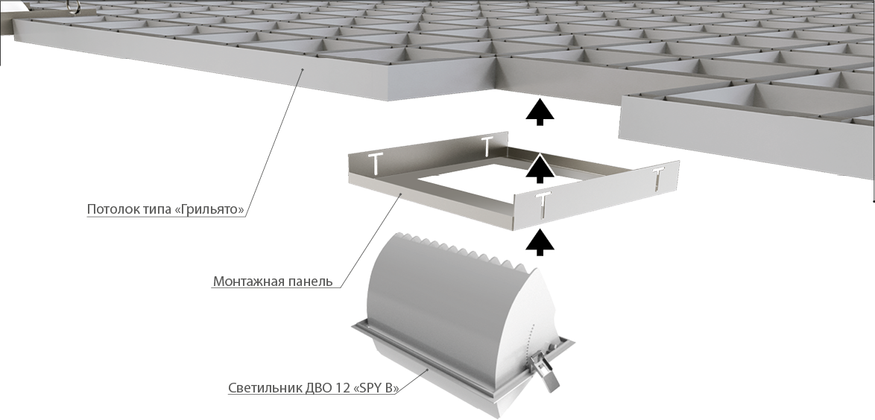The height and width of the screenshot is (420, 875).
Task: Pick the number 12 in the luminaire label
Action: click(341, 388)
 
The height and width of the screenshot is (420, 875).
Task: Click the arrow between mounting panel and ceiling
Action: click(540, 112)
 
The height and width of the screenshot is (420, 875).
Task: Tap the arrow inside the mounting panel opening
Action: click(540, 169)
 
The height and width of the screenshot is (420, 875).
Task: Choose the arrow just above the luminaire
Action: click(540, 242)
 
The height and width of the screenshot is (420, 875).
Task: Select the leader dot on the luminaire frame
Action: click(428, 369)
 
